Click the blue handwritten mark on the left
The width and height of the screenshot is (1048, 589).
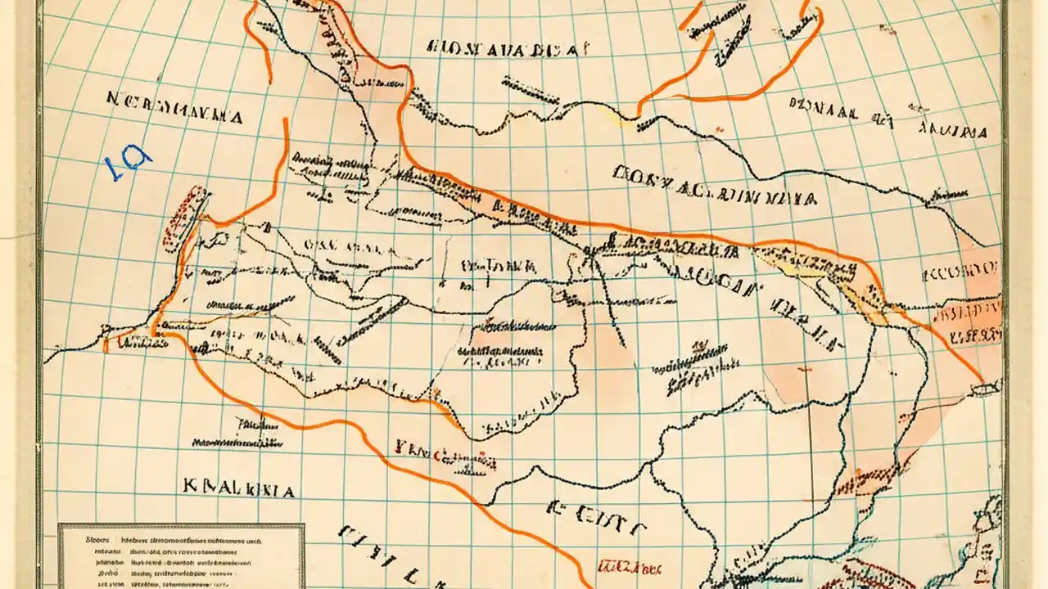[128, 163]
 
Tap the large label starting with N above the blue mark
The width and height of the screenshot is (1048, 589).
[174, 117]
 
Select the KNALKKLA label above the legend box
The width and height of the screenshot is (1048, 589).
[239, 489]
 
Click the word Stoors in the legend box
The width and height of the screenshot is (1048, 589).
[97, 540]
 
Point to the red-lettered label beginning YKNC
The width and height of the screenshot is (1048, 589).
[426, 449]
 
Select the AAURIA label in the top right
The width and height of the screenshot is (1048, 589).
[952, 130]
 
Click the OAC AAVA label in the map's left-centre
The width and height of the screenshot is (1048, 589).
[344, 245]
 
